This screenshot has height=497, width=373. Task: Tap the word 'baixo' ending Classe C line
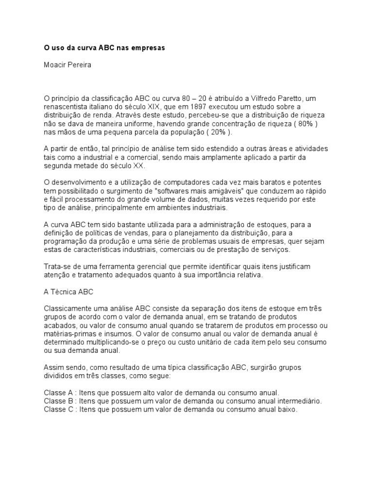click(x=286, y=409)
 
